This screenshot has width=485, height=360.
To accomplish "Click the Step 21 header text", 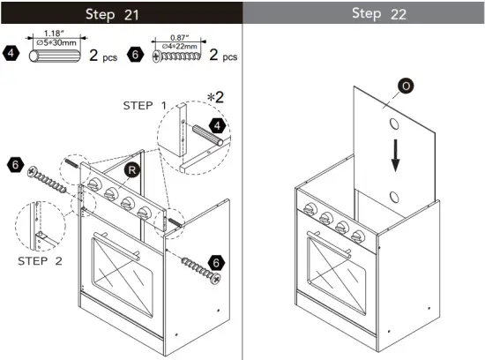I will [x=120, y=14].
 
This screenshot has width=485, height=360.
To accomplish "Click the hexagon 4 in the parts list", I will [x=11, y=54].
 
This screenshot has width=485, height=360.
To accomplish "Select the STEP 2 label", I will [x=41, y=261].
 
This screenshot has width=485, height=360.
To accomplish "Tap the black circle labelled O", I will [x=405, y=86].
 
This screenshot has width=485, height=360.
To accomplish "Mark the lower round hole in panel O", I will [x=396, y=195].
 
